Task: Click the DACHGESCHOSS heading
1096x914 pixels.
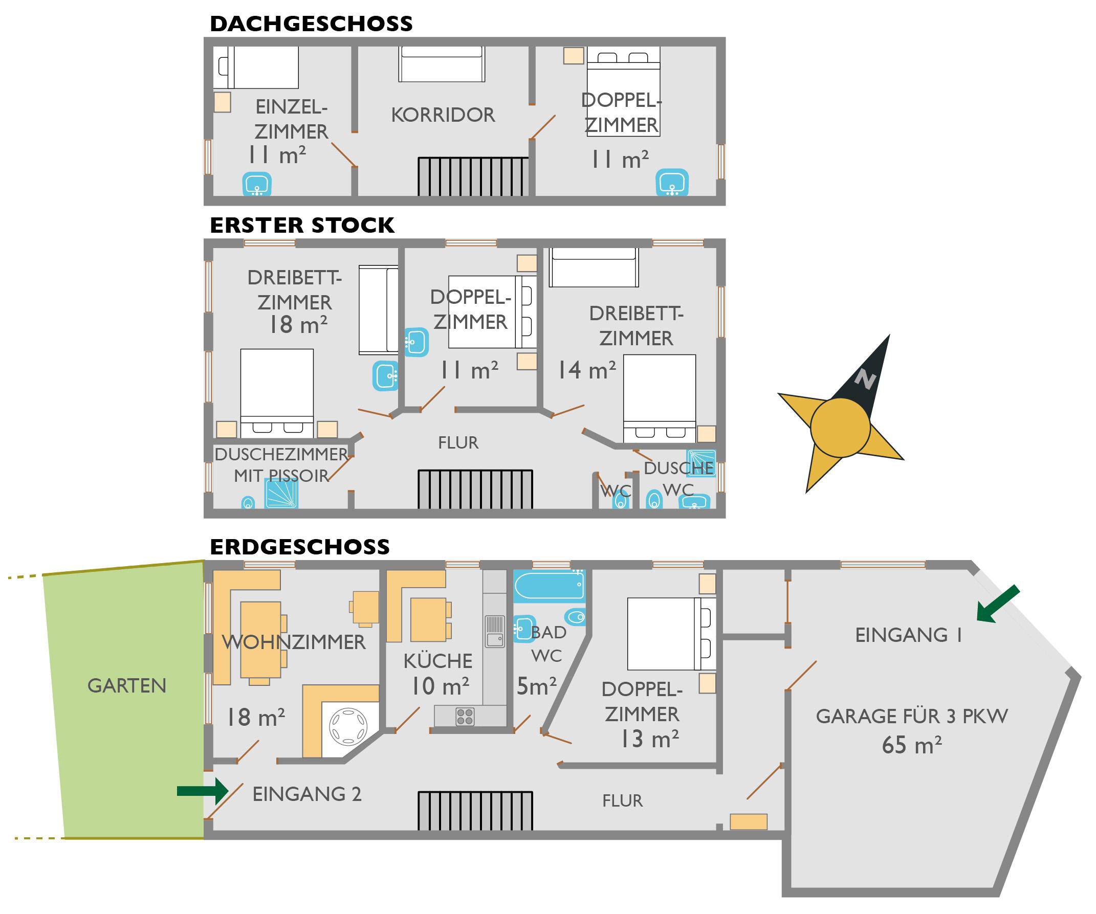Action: click(311, 24)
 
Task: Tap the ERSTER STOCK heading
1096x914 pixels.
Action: click(302, 226)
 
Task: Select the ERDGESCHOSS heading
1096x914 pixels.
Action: click(299, 547)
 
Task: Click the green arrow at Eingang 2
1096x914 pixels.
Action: click(203, 791)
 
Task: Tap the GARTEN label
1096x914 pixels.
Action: click(127, 685)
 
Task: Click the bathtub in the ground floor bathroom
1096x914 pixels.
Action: click(549, 586)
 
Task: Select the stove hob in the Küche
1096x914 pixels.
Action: click(465, 716)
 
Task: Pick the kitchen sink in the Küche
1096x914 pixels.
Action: click(494, 631)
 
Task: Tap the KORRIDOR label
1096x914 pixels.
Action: click(443, 115)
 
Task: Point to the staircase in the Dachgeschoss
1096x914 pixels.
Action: click(473, 176)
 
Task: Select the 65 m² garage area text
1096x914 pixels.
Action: click(911, 745)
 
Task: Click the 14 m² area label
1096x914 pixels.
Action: click(586, 370)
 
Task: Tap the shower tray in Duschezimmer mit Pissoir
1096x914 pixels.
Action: click(281, 494)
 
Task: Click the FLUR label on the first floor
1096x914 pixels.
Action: click(458, 442)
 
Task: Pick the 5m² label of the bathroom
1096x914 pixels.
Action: click(536, 686)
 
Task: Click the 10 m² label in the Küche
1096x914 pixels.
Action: click(440, 686)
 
